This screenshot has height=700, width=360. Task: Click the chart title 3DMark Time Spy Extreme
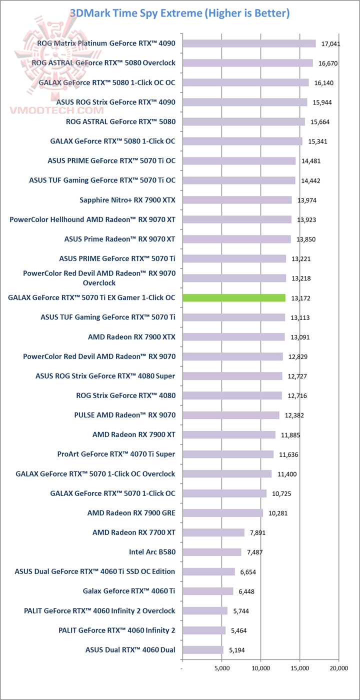tap(179, 13)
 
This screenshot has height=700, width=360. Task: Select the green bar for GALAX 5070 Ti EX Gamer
tap(234, 298)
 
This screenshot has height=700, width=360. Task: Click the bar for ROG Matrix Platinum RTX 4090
tap(249, 43)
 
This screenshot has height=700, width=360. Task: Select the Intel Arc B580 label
tap(152, 552)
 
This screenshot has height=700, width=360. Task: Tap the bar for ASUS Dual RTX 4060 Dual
tap(203, 650)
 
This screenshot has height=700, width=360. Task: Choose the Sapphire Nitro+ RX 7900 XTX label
tap(127, 200)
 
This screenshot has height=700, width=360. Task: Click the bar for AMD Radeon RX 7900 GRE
tap(222, 513)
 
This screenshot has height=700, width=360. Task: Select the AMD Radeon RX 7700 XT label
tap(133, 532)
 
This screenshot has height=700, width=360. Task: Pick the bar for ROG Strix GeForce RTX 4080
tap(232, 395)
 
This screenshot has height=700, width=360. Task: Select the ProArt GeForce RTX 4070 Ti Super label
tap(116, 454)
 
